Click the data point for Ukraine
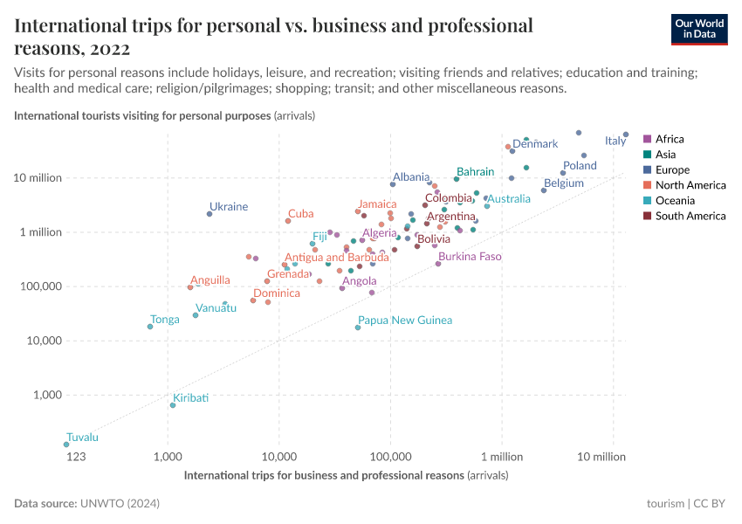[210, 214]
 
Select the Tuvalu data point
[66, 445]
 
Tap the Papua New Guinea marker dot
[358, 327]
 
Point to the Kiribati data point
[173, 405]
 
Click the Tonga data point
[150, 327]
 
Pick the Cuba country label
[301, 213]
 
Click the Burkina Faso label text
[470, 257]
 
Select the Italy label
[615, 141]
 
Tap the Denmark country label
[535, 144]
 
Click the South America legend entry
[690, 216]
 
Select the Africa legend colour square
[647, 139]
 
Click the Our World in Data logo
[699, 28]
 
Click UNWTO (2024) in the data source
[120, 504]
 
